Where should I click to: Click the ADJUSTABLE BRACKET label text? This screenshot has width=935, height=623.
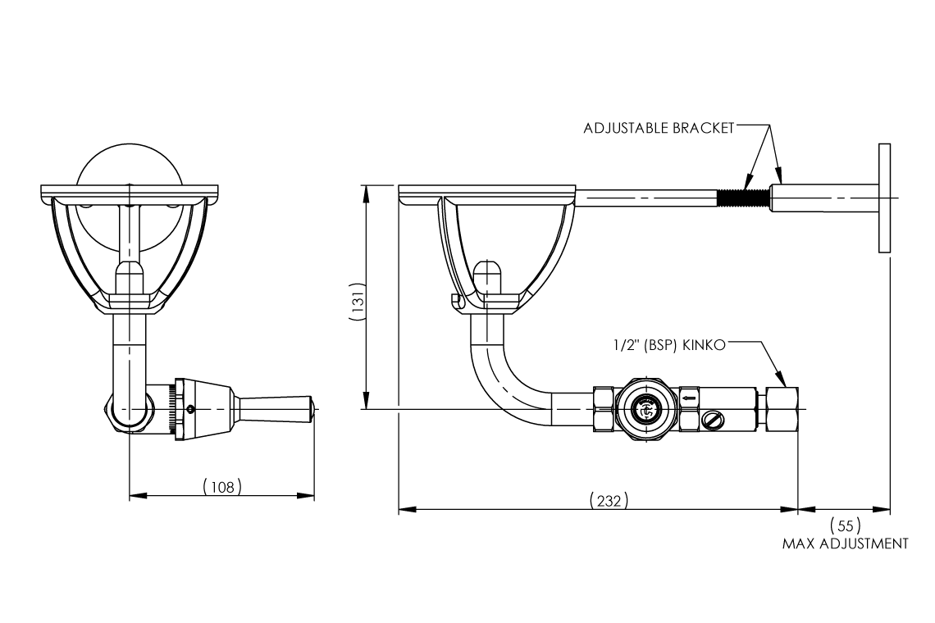point(659,129)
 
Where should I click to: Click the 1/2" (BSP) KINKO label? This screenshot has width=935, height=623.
point(669,346)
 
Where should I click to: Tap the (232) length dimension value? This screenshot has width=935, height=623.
point(609,499)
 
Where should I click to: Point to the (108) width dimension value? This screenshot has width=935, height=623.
point(222,486)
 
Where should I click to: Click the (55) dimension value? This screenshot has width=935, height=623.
point(846,525)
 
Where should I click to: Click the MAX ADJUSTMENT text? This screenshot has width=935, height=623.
point(846,543)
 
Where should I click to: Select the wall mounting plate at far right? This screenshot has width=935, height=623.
point(884,198)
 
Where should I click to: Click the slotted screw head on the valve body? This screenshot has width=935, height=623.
point(712,421)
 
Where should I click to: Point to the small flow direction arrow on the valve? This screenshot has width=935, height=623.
point(689,398)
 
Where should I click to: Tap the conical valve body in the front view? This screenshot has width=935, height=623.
point(205,407)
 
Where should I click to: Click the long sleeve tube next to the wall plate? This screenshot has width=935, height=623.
point(824,198)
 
